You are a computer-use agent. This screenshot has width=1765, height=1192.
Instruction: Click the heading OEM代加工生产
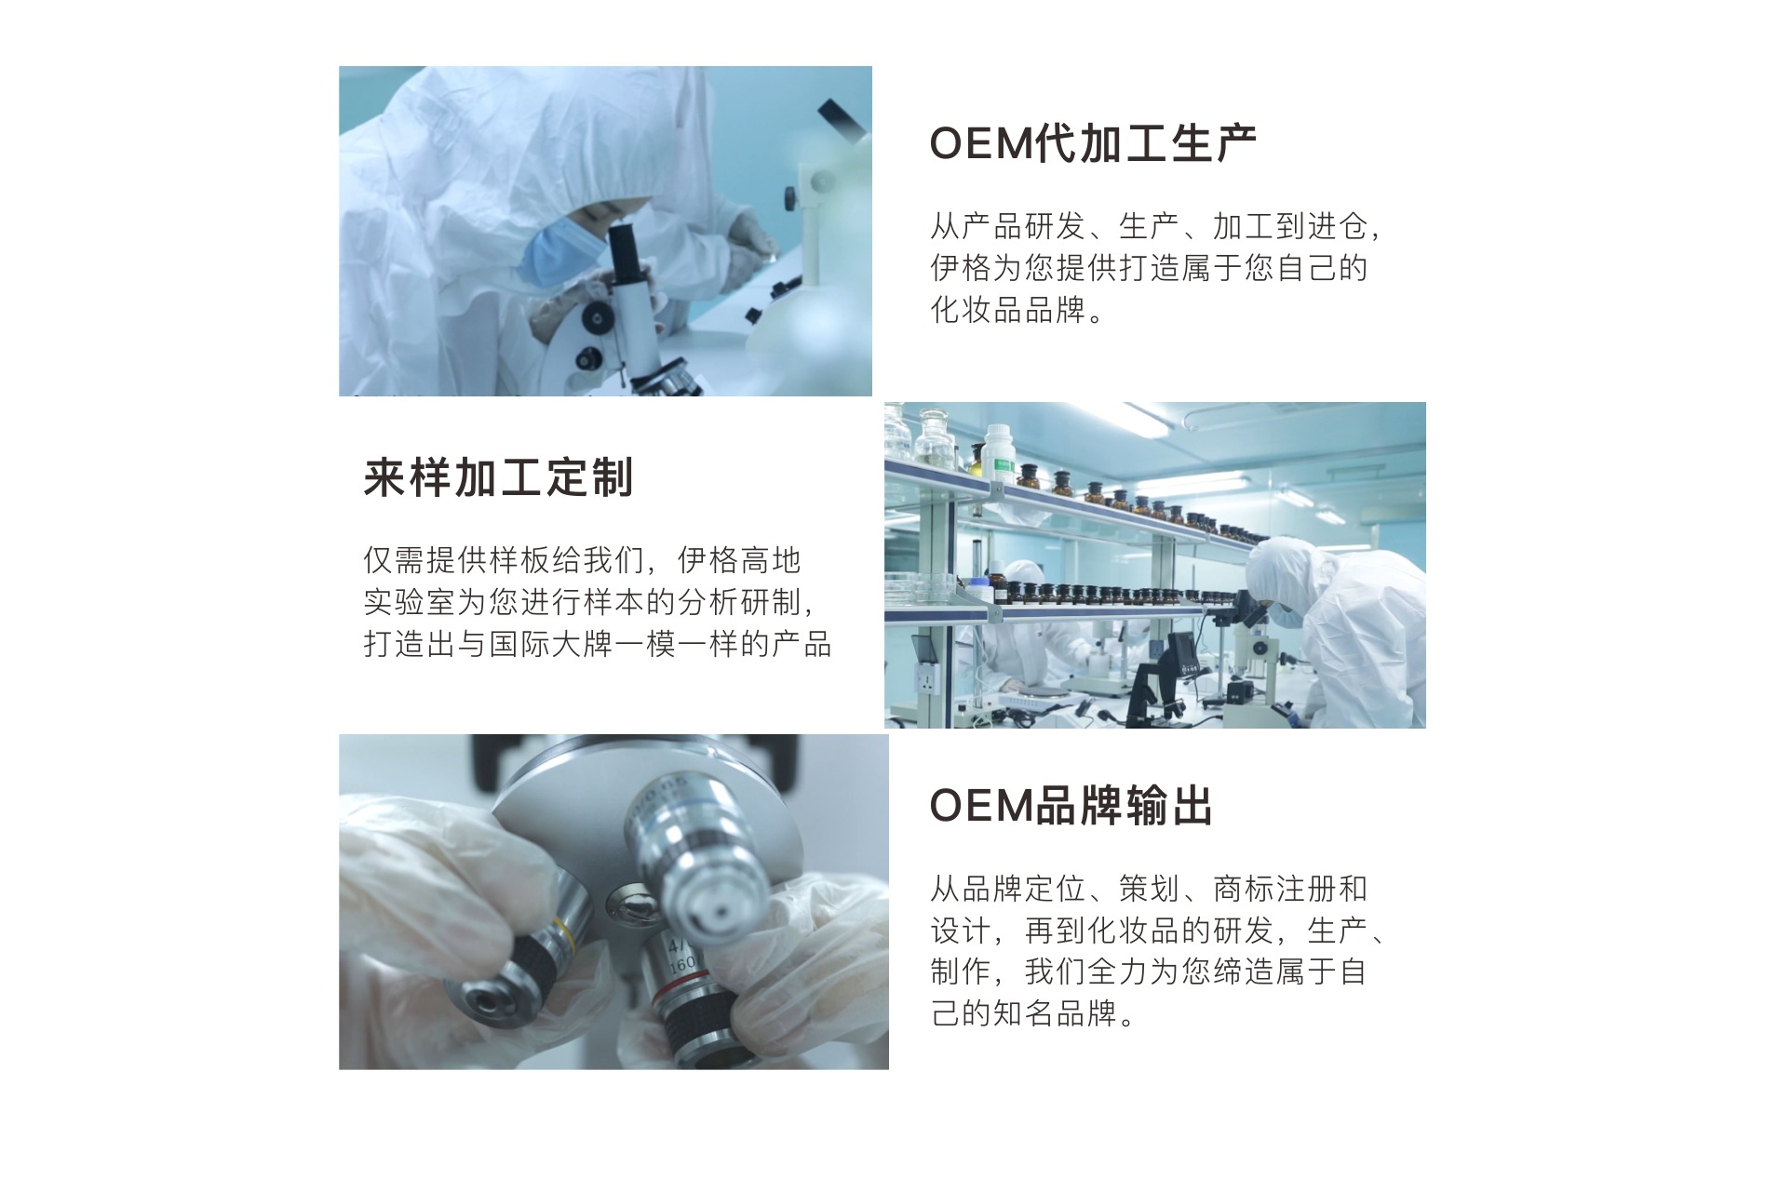(1093, 144)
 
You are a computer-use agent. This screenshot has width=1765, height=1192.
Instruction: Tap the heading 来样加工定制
(499, 478)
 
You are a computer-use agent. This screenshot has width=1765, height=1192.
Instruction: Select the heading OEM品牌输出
(1071, 806)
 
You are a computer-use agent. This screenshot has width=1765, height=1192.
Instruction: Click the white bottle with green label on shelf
(998, 455)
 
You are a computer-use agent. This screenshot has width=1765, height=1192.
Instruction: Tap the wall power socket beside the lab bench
(925, 677)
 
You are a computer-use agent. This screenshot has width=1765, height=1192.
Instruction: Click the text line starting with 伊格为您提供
(1150, 268)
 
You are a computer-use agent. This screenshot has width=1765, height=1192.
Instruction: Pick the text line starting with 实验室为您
(590, 602)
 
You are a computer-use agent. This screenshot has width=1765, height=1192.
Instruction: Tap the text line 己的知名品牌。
(1033, 1012)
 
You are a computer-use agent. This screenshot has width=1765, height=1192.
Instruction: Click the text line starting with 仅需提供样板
(582, 560)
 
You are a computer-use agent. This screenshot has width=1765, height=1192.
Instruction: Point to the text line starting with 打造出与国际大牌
(597, 644)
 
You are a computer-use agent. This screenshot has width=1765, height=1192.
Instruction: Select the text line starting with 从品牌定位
(1149, 889)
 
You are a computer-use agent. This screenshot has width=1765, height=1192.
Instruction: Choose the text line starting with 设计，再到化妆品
(1158, 930)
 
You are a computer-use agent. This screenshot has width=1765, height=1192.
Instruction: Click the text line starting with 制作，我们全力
(1149, 971)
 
